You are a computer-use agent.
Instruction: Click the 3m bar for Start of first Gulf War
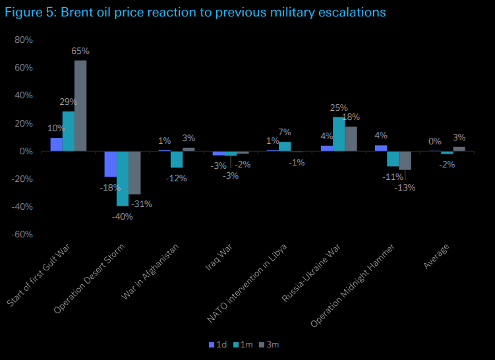tap(80, 105)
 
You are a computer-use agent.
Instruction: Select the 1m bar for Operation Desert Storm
tap(123, 178)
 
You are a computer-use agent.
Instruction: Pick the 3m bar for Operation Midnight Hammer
tap(405, 160)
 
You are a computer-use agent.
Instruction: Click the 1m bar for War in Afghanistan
tap(177, 159)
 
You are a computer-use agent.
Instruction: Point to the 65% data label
tap(81, 51)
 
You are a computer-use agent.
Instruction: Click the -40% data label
tap(123, 216)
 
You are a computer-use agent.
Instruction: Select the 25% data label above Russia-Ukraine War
tap(339, 107)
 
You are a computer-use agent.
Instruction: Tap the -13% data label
tap(405, 188)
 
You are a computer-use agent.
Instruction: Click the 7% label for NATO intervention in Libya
tap(285, 132)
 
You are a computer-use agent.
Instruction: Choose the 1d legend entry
tap(217, 344)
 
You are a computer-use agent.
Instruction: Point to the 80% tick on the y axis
tap(23, 40)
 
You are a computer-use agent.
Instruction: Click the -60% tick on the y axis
tap(22, 234)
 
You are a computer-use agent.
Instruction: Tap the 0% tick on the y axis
tap(26, 151)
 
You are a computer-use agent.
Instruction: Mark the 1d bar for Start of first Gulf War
tap(56, 144)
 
